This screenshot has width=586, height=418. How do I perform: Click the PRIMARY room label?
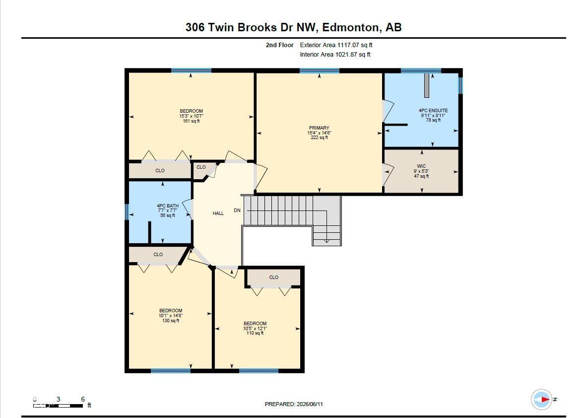319,128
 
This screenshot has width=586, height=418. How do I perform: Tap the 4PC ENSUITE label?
433,111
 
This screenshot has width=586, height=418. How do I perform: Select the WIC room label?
421,166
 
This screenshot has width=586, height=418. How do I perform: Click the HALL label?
218,213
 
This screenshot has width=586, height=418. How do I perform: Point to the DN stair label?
237,210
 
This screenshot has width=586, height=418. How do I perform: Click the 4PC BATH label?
168,206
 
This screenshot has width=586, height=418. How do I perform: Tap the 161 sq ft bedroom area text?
192,121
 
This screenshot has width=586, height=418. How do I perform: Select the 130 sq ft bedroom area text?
171,320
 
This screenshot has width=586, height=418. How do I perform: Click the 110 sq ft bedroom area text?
255,333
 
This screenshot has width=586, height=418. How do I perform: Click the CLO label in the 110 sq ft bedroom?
273,278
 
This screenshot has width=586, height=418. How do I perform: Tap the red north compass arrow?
545,399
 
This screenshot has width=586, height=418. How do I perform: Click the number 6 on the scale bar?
83,399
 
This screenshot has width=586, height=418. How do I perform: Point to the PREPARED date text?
294,404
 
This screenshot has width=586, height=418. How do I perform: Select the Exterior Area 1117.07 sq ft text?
336,45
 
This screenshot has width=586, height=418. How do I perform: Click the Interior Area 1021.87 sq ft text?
335,54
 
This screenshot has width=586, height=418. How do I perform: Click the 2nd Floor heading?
279,45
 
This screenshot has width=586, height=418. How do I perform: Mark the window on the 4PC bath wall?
127,212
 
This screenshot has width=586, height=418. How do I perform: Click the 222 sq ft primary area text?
319,138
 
